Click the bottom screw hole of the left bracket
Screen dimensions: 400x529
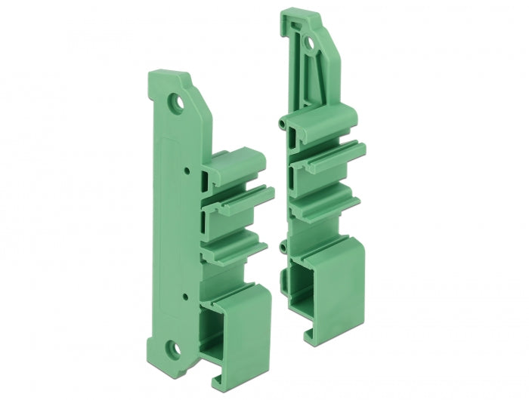(x=175, y=348)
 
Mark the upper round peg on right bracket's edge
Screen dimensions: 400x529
(x=281, y=121)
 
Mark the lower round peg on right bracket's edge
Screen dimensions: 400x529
(x=283, y=247)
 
